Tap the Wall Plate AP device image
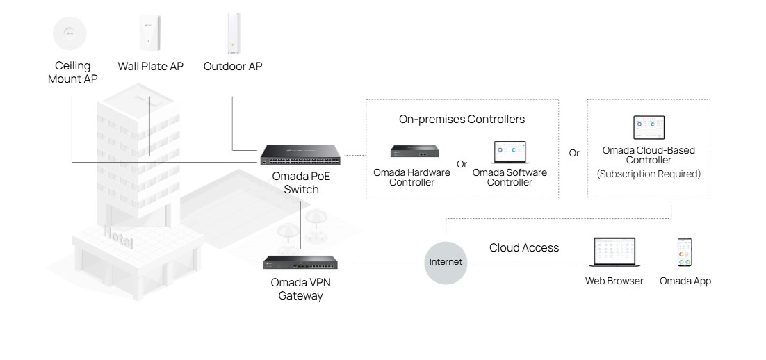(150, 33)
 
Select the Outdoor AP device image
(232, 33)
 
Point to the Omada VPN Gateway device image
(300, 263)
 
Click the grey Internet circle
(446, 262)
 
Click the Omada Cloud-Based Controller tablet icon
(649, 128)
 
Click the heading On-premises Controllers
(462, 120)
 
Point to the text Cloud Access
(524, 248)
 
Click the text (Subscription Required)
(649, 174)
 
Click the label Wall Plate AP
(151, 67)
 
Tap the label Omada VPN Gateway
(300, 289)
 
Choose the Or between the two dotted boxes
(574, 153)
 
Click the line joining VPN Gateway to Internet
(387, 263)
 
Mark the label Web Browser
(614, 281)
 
